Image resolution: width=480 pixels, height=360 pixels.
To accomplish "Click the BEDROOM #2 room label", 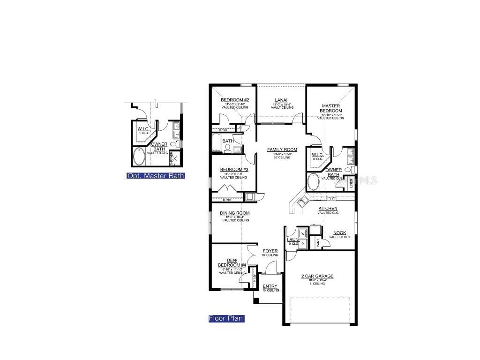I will point(235,100).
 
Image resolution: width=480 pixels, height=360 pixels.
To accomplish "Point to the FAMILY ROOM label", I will point(282,150).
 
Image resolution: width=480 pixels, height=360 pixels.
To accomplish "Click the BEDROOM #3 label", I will point(233,169).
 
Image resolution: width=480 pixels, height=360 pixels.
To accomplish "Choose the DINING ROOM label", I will point(235,213).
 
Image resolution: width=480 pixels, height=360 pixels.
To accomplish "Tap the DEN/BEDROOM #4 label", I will point(232,262).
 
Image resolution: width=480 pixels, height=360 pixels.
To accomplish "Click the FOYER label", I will point(270,251).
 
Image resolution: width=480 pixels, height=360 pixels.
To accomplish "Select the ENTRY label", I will point(270,286).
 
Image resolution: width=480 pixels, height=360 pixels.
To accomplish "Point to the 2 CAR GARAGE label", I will point(317,276).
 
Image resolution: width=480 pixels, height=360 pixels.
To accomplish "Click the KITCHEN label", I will point(328,209).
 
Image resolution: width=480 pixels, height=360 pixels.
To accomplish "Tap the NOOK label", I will point(340,233).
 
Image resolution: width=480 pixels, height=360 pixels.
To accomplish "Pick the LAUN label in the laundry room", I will point(293,240).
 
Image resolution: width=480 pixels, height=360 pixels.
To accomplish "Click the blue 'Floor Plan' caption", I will point(226,319).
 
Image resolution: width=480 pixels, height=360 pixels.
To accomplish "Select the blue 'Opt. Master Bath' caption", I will point(156,176).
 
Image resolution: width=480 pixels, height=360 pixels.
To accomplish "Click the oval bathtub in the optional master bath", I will point(139,157).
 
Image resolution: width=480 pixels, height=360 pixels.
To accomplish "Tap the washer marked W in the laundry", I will point(302,233).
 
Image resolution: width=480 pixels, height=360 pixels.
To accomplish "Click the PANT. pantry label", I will point(318,242).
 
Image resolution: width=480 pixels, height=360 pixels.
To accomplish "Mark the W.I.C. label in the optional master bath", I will point(143,128).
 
